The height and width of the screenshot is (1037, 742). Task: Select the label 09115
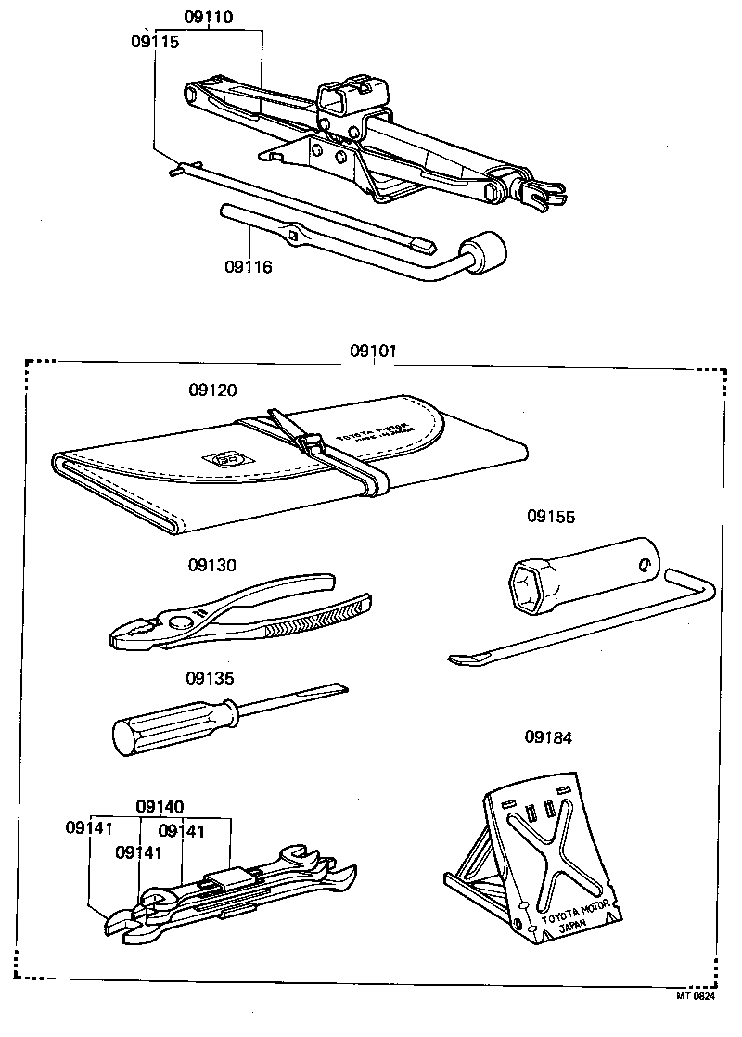tap(155, 42)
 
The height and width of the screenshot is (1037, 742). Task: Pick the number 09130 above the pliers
tap(211, 565)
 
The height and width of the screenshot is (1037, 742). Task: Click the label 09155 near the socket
tap(551, 516)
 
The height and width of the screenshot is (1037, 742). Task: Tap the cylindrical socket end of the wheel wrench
tap(487, 251)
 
